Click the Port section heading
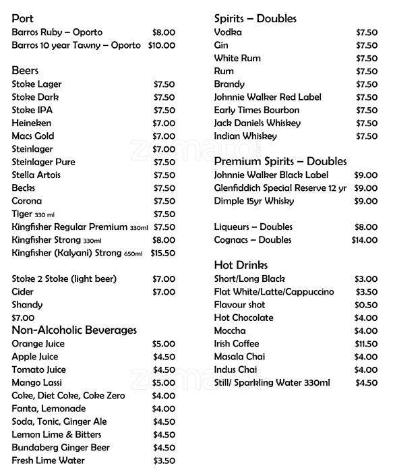click(23, 19)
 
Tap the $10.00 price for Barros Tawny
click(162, 45)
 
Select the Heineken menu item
click(32, 123)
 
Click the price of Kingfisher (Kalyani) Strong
click(163, 253)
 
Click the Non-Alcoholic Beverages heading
click(74, 330)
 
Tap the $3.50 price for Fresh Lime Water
click(164, 461)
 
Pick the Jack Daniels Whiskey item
click(257, 123)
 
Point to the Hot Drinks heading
click(241, 265)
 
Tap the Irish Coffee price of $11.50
click(366, 344)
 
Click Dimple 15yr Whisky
click(258, 201)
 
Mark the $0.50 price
click(366, 305)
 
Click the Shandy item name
click(28, 305)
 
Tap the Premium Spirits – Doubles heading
click(280, 161)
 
